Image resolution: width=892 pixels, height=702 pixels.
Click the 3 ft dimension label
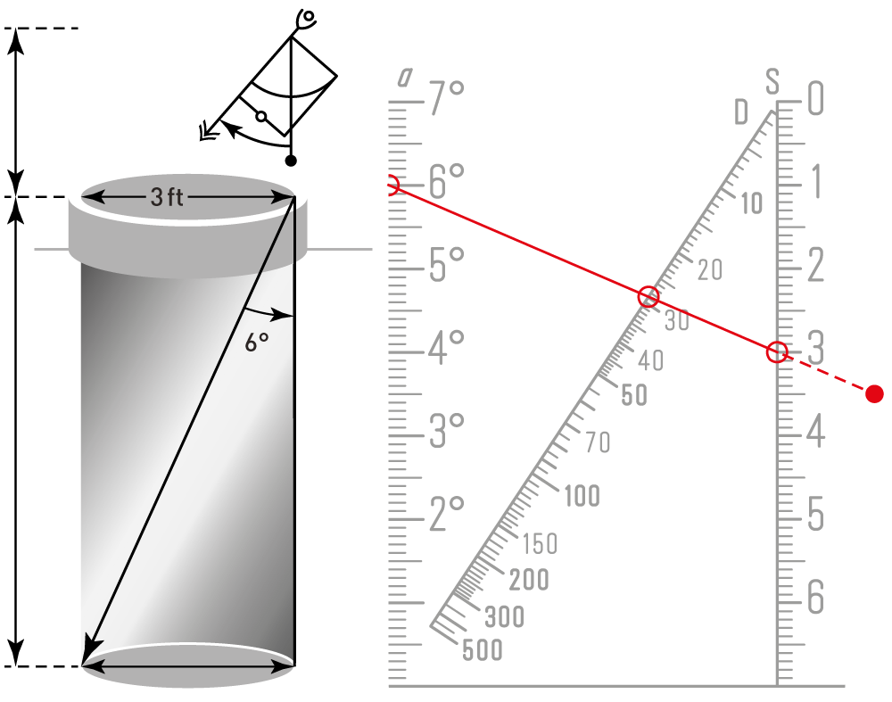pyautogui.click(x=167, y=197)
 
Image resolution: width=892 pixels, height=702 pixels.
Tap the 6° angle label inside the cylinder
pyautogui.click(x=257, y=343)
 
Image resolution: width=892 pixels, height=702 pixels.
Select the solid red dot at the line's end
pyautogui.click(x=874, y=393)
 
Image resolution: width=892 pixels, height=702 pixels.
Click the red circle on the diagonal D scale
pyautogui.click(x=648, y=296)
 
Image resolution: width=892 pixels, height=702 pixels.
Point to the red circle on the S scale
pyautogui.click(x=777, y=352)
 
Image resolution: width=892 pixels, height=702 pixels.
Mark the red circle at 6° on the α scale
pyautogui.click(x=392, y=186)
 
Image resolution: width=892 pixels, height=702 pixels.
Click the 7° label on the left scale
pyautogui.click(x=447, y=98)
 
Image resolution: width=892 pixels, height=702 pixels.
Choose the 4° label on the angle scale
pyautogui.click(x=446, y=348)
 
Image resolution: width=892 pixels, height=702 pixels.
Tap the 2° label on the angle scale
pyautogui.click(x=447, y=515)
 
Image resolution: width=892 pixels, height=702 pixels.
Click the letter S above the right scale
pyautogui.click(x=772, y=81)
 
